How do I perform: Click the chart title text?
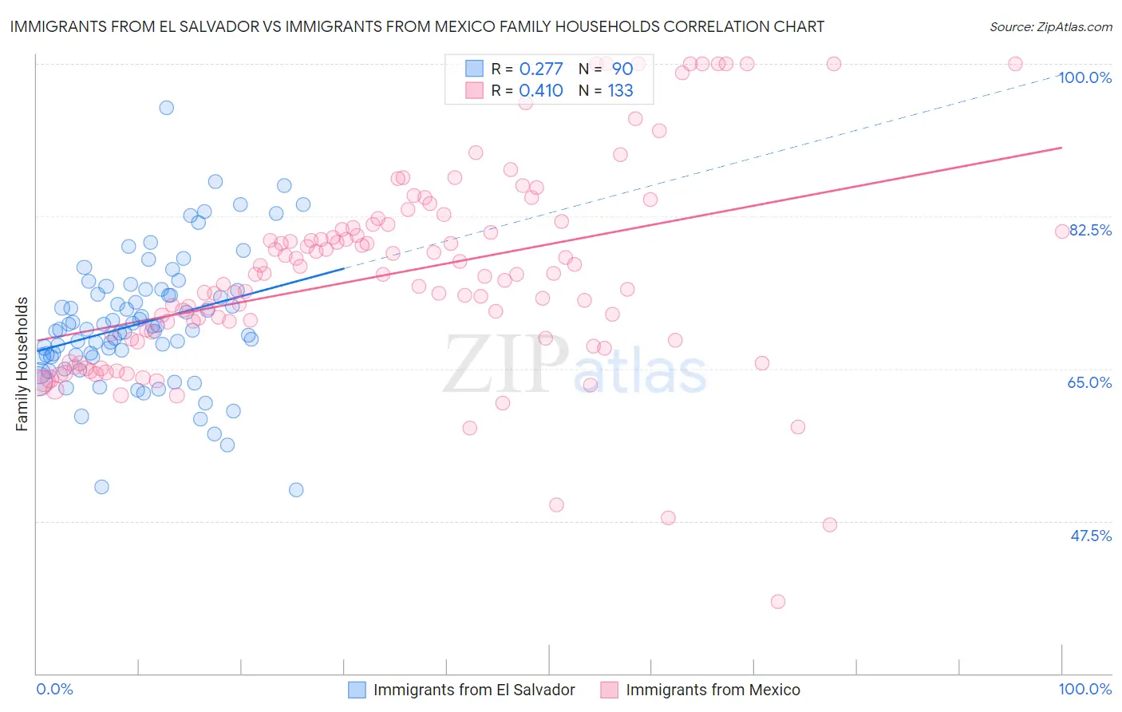coord(416,26)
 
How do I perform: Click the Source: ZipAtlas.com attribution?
coord(1050,26)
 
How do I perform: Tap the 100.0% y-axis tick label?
coord(1084,77)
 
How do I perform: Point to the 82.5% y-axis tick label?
coord(1090,230)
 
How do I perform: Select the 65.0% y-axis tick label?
coord(1089,382)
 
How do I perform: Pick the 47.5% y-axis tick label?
coord(1090,536)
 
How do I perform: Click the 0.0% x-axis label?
coord(55,689)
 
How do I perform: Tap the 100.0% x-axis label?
coord(1084,689)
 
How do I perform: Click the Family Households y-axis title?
coord(22,364)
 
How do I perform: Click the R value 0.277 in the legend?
coord(540,69)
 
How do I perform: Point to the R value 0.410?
coord(540,90)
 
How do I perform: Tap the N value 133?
coord(620,90)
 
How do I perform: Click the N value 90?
coord(622,69)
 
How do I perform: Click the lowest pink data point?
coord(778,601)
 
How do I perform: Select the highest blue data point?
coord(166,108)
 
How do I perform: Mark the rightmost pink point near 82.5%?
coord(1062,231)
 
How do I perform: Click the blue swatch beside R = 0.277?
coord(474,69)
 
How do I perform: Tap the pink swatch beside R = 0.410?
coord(474,90)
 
